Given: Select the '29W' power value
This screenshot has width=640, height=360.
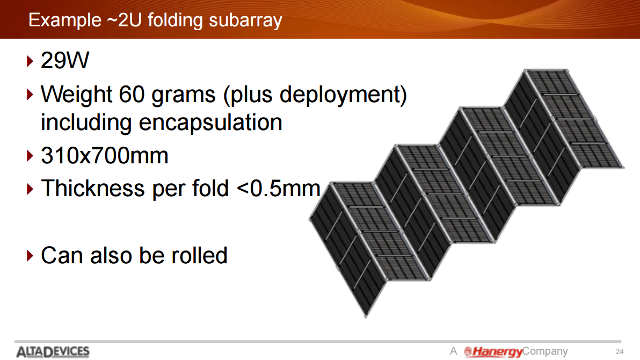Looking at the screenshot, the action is pyautogui.click(x=65, y=61).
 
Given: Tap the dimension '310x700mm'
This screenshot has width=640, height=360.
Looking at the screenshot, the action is pyautogui.click(x=105, y=156).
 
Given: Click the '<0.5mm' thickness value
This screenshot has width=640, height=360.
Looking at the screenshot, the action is pyautogui.click(x=278, y=189).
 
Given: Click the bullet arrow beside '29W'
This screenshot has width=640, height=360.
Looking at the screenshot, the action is pyautogui.click(x=30, y=61).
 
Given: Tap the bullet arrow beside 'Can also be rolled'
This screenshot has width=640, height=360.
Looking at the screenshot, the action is pyautogui.click(x=30, y=256).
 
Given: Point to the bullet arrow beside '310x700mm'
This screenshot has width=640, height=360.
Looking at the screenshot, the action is pyautogui.click(x=30, y=156).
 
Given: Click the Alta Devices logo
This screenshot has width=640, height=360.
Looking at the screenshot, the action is pyautogui.click(x=53, y=351).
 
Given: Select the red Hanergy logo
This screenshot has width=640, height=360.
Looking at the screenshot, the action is pyautogui.click(x=493, y=351).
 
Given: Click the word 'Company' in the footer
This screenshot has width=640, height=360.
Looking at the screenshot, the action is pyautogui.click(x=546, y=351).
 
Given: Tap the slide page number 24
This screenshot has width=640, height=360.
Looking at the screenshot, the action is pyautogui.click(x=620, y=351).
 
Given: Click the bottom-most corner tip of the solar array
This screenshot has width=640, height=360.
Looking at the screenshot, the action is pyautogui.click(x=366, y=316).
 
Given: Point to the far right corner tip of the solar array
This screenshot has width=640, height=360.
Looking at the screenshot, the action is pyautogui.click(x=623, y=167).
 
